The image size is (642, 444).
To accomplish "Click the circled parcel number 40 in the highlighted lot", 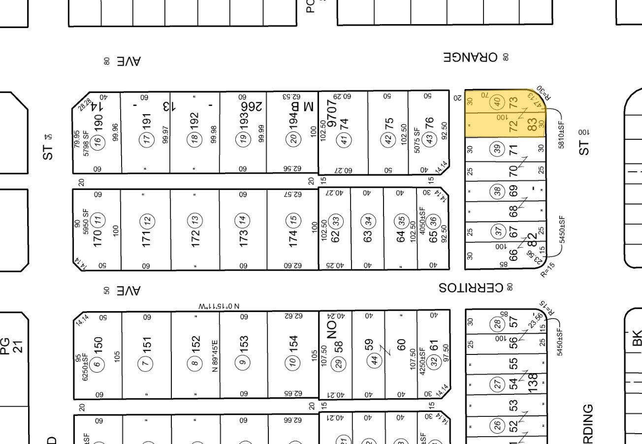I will pyautogui.click(x=498, y=102).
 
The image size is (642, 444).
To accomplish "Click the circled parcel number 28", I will pyautogui.click(x=498, y=323).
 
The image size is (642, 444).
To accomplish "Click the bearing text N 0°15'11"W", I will pyautogui.click(x=217, y=306).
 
